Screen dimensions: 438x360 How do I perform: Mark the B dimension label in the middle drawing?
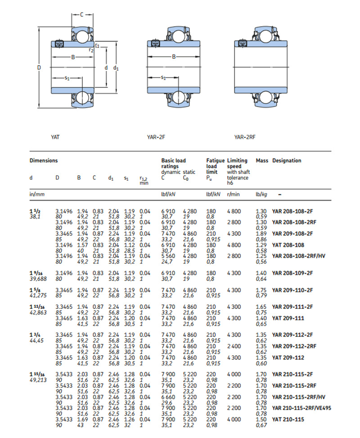(x=174, y=57)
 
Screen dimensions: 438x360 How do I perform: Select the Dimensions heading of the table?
(x=44, y=161)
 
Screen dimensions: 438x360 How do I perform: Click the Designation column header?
(x=287, y=161)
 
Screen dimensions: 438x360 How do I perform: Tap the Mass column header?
(x=262, y=161)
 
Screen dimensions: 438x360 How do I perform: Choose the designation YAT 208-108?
(x=288, y=245)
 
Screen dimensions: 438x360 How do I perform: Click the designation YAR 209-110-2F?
(x=293, y=291)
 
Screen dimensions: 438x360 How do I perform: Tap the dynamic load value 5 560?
(x=168, y=256)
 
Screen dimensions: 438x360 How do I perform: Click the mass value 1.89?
(x=261, y=234)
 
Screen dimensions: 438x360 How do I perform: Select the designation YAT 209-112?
(x=288, y=358)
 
